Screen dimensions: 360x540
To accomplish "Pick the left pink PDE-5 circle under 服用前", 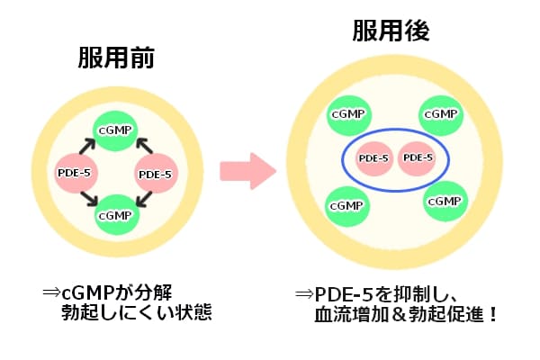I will click(x=74, y=172).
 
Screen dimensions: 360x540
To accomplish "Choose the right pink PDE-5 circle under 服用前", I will click(x=156, y=172).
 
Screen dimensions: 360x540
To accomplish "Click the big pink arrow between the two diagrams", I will click(x=247, y=170).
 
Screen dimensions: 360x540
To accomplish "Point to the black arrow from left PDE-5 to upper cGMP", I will click(x=87, y=145).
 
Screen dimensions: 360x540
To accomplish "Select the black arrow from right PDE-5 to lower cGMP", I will click(x=144, y=200).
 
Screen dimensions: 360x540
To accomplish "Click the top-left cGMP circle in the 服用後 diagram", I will click(x=346, y=114).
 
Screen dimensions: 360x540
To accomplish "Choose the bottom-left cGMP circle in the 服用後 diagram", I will click(x=346, y=205).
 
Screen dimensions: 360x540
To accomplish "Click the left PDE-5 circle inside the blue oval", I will click(x=373, y=158).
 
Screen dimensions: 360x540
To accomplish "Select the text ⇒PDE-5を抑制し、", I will click(x=378, y=294).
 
